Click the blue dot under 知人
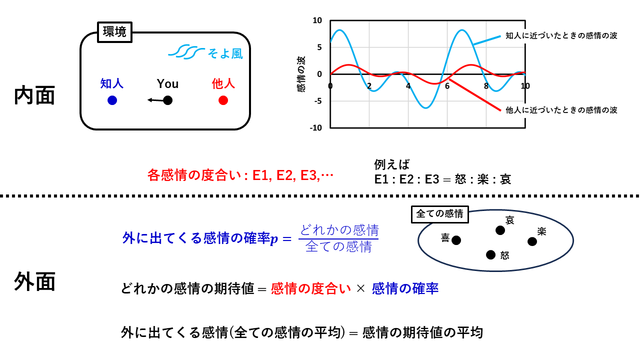click(112, 100)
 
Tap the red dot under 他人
click(223, 100)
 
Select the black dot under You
click(167, 100)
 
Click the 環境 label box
click(114, 32)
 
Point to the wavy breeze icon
click(186, 51)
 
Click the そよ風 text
click(225, 53)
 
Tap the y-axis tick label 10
click(317, 20)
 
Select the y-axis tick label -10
click(315, 127)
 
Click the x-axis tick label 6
click(447, 85)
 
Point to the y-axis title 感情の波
click(301, 74)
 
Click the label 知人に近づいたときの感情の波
click(561, 35)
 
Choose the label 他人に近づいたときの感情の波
click(561, 110)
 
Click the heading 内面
click(34, 95)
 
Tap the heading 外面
click(34, 281)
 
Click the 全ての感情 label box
click(439, 214)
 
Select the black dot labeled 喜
click(456, 240)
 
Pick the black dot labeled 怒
click(490, 255)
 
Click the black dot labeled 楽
click(532, 241)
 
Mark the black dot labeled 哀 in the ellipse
click(500, 230)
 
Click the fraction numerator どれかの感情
click(339, 230)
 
